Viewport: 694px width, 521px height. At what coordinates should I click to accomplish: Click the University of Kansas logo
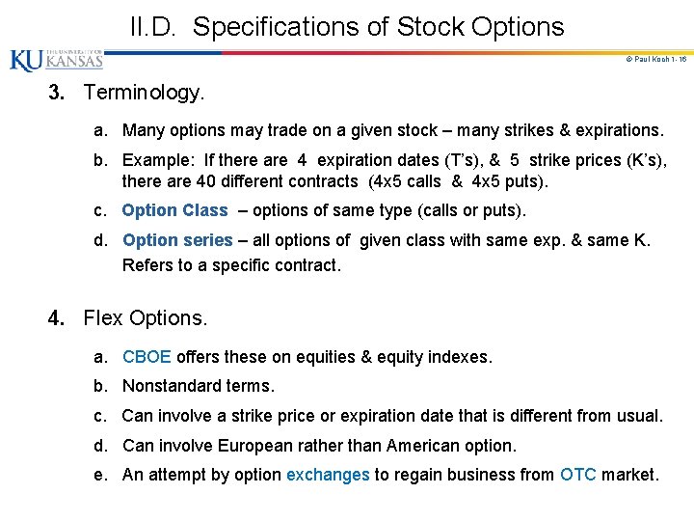coord(56,60)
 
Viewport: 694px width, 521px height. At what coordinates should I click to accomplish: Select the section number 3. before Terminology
coord(61,93)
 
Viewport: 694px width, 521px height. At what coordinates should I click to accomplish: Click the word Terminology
coord(144,93)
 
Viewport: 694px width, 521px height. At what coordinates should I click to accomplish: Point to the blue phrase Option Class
coord(174,210)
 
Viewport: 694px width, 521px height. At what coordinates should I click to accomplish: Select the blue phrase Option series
coord(177,240)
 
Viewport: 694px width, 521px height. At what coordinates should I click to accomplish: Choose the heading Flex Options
coord(146,317)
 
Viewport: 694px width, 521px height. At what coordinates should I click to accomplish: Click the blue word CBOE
coord(147,357)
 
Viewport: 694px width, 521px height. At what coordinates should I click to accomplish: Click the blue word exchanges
coord(328,475)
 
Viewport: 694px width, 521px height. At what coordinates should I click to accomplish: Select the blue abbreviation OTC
coord(578,475)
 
